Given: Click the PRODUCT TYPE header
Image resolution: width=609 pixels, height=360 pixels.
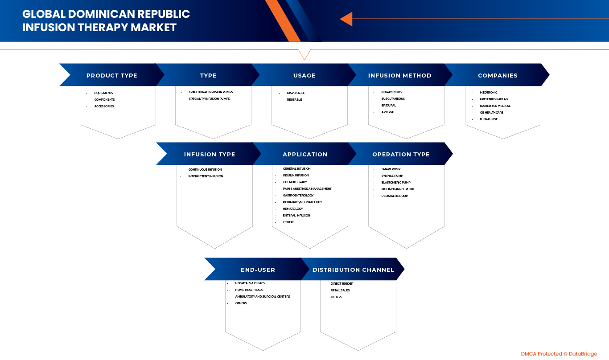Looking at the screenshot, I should (x=111, y=76).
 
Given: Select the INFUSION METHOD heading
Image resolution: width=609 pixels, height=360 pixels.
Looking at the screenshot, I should (x=399, y=76).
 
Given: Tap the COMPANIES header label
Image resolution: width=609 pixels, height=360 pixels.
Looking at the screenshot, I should (x=498, y=76).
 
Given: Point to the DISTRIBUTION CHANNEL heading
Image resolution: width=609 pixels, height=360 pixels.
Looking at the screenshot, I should (x=353, y=270).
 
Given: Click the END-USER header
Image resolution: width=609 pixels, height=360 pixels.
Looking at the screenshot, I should (x=258, y=270).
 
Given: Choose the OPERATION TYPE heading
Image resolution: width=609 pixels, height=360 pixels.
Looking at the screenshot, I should (x=401, y=155).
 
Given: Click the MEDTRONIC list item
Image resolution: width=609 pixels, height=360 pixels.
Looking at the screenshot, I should (x=489, y=93).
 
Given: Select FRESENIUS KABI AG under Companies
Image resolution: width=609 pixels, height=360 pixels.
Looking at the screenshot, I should (x=494, y=99).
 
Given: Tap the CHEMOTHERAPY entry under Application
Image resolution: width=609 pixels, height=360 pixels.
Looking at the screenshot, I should (x=295, y=182).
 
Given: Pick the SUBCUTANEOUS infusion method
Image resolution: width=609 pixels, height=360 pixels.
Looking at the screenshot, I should (x=393, y=99).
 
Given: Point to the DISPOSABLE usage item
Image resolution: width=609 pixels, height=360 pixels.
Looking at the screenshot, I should (x=296, y=93).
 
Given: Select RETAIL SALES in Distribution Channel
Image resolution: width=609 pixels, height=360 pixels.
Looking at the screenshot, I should (x=340, y=290).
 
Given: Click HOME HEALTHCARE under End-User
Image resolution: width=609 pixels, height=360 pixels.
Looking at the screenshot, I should (x=249, y=290).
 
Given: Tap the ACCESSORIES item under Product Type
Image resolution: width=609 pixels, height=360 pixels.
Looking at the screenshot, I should (x=104, y=106).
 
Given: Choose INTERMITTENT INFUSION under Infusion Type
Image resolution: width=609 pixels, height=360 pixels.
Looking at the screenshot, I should (x=206, y=176).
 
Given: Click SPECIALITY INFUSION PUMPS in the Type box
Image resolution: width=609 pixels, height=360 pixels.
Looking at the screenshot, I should (x=209, y=99).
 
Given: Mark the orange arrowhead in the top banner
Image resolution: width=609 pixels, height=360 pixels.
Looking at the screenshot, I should (x=346, y=19).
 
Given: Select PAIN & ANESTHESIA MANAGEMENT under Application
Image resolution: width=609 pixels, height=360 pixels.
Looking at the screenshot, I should (x=307, y=189).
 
